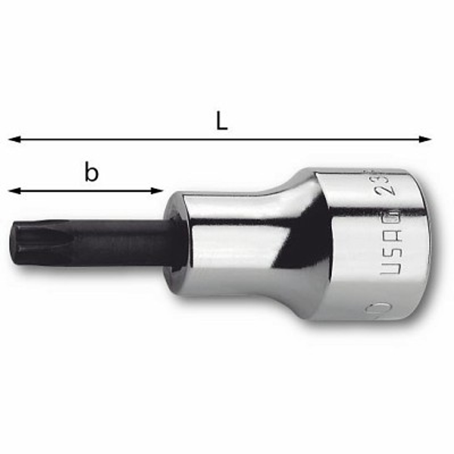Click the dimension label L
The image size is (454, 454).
coord(222,122)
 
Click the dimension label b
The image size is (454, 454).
coord(91,173)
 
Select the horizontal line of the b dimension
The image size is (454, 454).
coord(86,191)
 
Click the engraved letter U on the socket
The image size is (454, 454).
coord(390,269)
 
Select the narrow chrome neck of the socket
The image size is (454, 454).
coord(236,245)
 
